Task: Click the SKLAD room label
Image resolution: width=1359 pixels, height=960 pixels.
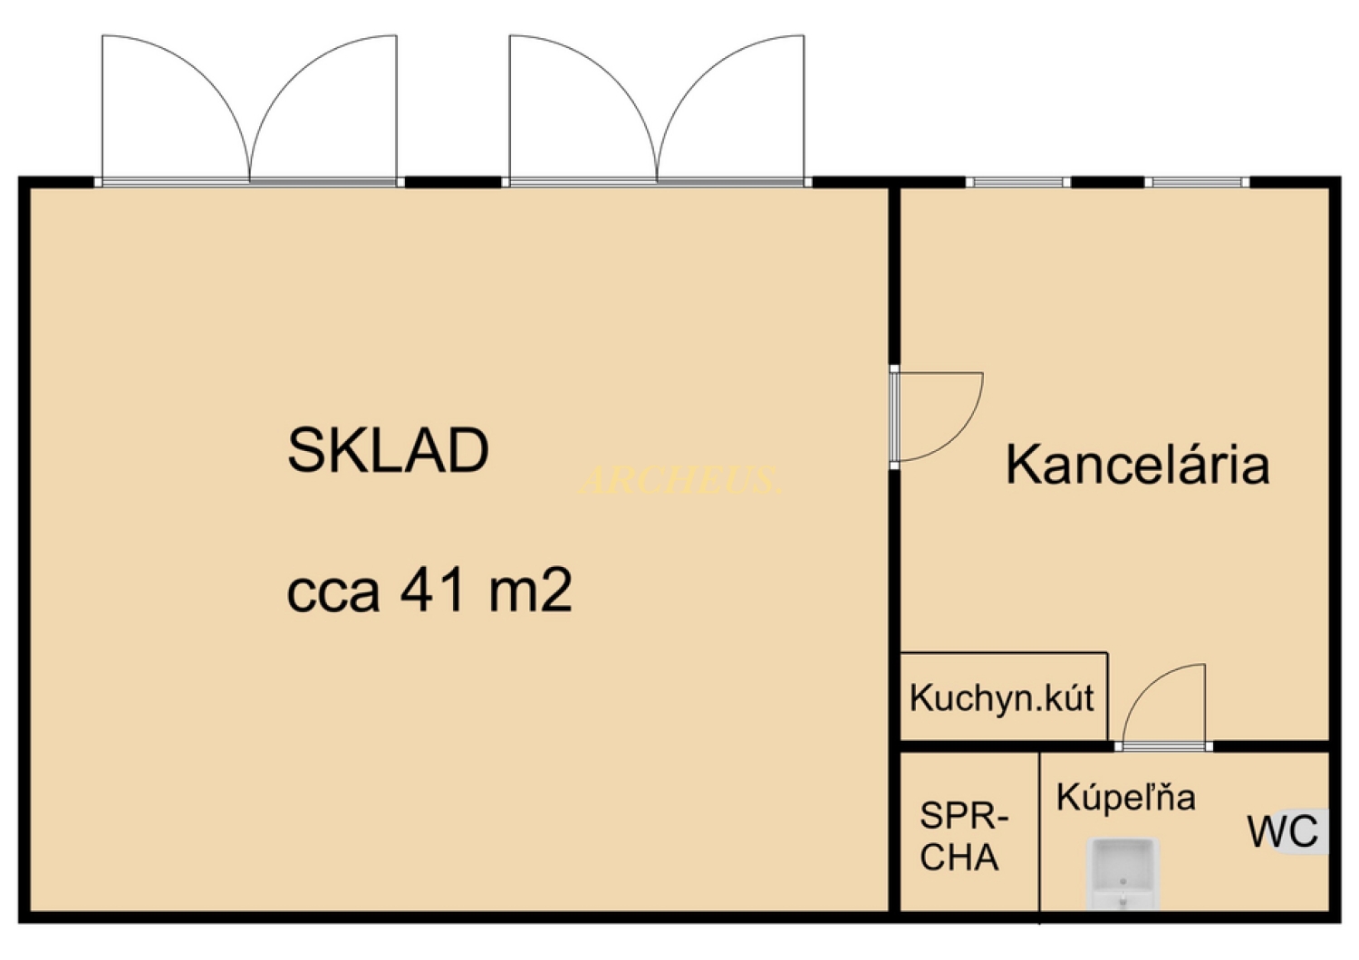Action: click(388, 450)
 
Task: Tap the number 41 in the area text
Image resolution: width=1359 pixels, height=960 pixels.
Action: click(433, 590)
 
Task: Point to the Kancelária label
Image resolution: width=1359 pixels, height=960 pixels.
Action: click(1137, 465)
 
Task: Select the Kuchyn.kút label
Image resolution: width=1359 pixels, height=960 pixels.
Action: click(1001, 698)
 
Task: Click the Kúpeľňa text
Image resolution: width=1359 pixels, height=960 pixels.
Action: click(1125, 798)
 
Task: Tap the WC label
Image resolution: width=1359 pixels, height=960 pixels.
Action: click(1282, 832)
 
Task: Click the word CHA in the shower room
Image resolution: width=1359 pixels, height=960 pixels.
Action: click(959, 858)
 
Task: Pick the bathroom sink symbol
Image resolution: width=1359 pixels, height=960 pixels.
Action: click(1123, 872)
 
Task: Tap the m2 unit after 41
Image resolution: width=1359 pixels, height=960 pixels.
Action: click(531, 590)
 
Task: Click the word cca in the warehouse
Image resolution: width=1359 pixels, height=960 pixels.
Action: click(333, 593)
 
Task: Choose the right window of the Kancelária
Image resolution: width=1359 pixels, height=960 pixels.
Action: click(1197, 182)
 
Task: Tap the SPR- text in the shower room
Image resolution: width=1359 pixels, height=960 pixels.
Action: click(963, 816)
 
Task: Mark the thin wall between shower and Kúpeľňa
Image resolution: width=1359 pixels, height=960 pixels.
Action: click(1039, 833)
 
